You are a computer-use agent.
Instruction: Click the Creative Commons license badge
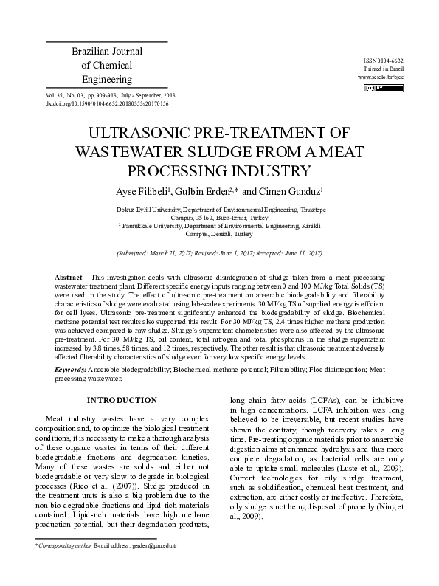[377, 88]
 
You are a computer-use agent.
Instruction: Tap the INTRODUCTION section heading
[122, 400]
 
